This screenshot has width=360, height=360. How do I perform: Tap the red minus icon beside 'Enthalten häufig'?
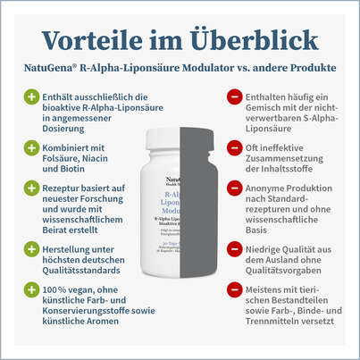(x=233, y=95)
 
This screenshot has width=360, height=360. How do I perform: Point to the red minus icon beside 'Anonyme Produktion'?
(x=233, y=189)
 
